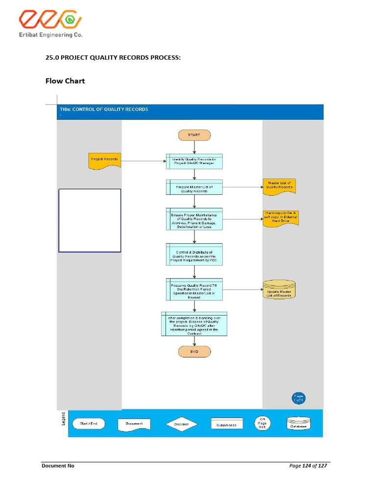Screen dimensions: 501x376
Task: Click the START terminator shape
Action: coord(194,135)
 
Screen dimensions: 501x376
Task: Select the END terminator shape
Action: coord(194,351)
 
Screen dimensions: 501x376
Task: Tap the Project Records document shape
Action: coord(105,160)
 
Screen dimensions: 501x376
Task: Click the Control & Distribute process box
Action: coord(194,255)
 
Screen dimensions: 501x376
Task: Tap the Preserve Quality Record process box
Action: coord(194,290)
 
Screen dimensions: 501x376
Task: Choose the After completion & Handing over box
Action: coord(194,324)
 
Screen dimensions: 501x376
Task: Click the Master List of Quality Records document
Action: coord(280,186)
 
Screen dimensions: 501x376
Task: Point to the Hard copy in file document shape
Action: coord(281,218)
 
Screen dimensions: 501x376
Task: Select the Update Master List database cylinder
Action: coord(279,291)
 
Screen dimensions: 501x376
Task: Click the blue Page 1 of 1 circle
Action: coord(299,398)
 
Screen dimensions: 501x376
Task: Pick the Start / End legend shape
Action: coord(89,424)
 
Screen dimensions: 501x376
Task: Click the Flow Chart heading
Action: coord(65,81)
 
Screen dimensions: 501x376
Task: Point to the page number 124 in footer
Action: coord(307,466)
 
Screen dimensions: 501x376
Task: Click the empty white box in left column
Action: coord(90,220)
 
